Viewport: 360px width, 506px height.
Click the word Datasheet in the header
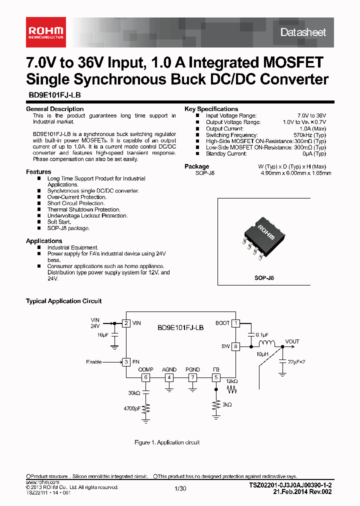[303, 32]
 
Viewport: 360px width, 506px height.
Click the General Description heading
[54, 109]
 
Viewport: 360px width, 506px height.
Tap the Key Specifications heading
[211, 109]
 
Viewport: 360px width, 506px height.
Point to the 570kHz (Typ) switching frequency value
[309, 135]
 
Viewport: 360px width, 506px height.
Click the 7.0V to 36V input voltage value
[311, 115]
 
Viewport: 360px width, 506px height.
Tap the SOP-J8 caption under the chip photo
[264, 277]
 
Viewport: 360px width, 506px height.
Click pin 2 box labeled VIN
[127, 323]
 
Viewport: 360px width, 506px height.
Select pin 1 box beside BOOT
[236, 323]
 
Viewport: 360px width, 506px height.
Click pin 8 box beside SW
[236, 346]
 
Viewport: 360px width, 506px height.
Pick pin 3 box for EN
[127, 361]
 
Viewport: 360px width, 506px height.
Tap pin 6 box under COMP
[145, 377]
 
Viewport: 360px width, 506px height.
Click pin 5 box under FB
[216, 377]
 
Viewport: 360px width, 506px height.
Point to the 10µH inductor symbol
[266, 343]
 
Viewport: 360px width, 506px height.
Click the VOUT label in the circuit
[292, 342]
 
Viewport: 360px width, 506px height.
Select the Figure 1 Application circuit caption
[167, 442]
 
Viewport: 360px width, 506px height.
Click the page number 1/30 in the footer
[180, 488]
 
